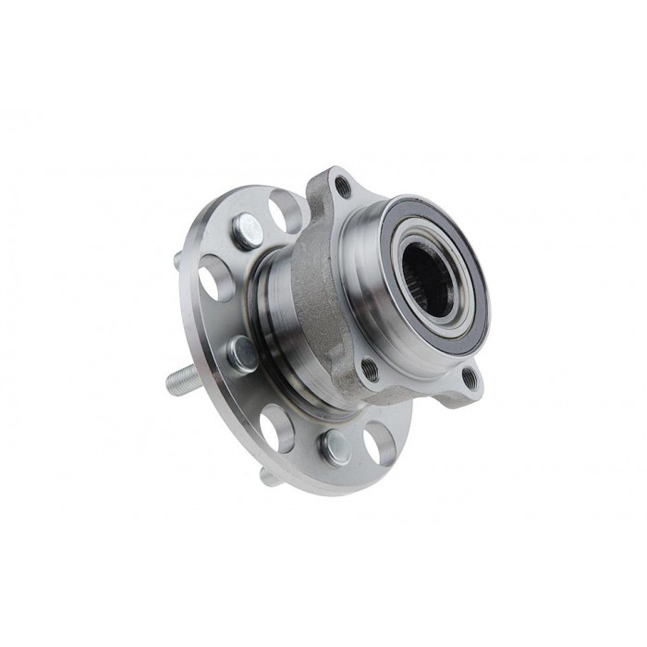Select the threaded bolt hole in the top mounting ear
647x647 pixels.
click(343, 187)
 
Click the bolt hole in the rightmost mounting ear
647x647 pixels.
click(470, 376)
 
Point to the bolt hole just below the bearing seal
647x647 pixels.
click(370, 370)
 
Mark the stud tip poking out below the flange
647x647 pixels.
click(269, 477)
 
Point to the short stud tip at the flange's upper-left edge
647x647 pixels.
click(177, 262)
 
